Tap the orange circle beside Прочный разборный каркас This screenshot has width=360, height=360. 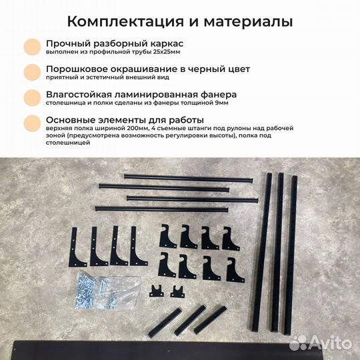(31, 45)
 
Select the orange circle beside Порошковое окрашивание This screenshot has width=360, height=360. (31, 72)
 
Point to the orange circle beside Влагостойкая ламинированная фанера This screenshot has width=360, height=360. (31, 98)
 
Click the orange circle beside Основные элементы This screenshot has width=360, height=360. (31, 123)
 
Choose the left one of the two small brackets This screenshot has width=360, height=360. (158, 291)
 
